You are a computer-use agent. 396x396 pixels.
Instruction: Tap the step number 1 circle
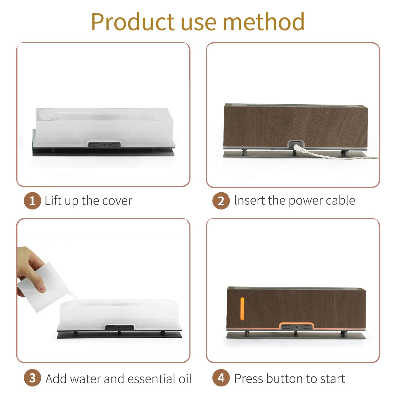[x=32, y=201]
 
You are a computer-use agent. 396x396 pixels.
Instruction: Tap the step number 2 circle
[x=221, y=201]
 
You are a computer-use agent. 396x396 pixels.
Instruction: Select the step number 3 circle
[x=32, y=378]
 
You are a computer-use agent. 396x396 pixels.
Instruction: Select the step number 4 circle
[x=221, y=378]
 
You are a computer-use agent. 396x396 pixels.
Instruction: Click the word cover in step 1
[x=117, y=201]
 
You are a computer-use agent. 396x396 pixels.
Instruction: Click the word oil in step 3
[x=185, y=379]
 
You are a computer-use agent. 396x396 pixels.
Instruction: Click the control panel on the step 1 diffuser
[x=104, y=145]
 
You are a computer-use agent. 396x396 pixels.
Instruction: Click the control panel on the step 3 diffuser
[x=119, y=328]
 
